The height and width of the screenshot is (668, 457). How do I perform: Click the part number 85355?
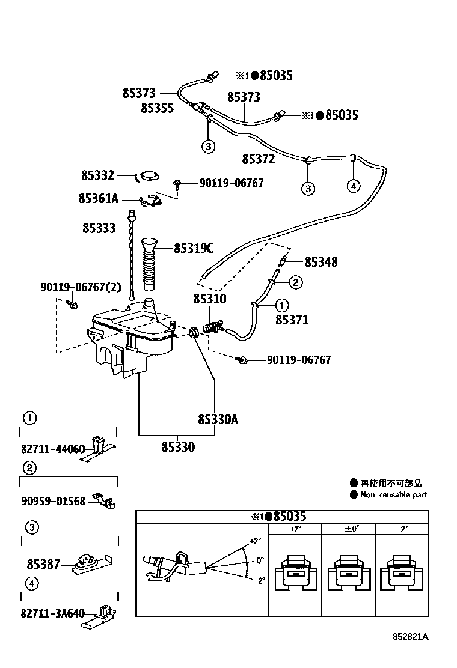(157, 108)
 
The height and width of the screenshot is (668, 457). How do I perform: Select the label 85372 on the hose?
(258, 159)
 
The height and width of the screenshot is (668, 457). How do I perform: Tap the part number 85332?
(97, 175)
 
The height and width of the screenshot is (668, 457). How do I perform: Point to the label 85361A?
(99, 198)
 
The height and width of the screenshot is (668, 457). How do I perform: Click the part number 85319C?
(194, 247)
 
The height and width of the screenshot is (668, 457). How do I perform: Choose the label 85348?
(321, 262)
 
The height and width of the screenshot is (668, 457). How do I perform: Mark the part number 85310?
(209, 299)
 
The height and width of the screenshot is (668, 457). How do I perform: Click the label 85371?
(292, 320)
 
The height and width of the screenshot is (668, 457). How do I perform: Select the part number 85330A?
(218, 419)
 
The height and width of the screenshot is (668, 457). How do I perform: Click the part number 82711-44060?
(53, 449)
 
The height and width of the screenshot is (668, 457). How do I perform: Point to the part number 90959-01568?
(53, 501)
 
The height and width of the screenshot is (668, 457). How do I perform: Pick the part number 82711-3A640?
(53, 613)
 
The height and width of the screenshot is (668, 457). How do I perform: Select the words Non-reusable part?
(394, 495)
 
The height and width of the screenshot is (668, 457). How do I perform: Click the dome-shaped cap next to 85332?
(148, 175)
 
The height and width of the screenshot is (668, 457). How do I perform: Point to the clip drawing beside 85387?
(90, 562)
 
